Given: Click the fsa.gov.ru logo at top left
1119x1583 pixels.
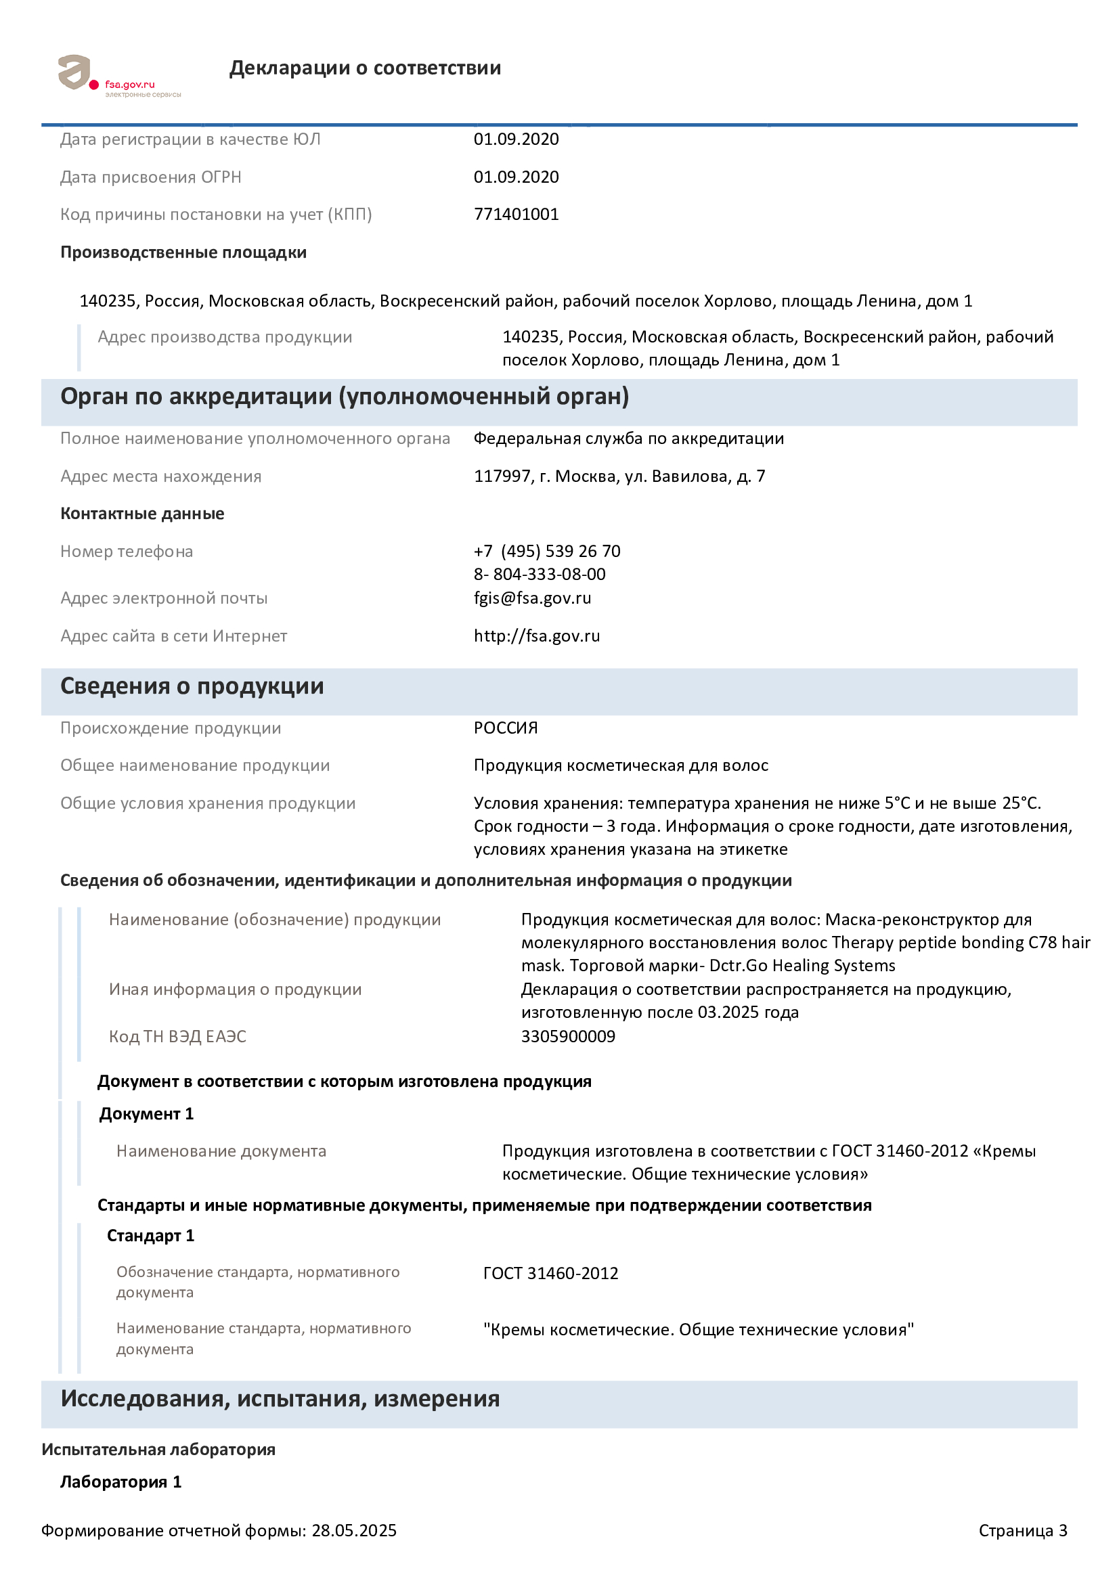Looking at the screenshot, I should [118, 76].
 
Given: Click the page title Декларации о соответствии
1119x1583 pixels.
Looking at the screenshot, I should [365, 68].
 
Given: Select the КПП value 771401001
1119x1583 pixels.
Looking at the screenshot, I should [516, 215].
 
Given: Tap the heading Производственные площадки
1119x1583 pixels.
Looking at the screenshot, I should [183, 252].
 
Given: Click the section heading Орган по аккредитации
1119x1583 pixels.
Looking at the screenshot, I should [344, 397].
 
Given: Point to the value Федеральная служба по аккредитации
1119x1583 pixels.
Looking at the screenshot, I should [628, 439].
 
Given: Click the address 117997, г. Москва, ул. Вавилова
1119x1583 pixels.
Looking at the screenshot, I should [619, 476].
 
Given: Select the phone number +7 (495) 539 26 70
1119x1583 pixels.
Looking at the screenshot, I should [547, 552].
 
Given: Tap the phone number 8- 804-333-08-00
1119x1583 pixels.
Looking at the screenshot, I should [539, 575].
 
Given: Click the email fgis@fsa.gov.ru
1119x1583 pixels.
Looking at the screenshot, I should [532, 598].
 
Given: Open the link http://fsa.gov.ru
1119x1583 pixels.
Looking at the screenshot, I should [536, 636].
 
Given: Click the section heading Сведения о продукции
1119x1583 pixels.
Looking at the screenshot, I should [192, 686].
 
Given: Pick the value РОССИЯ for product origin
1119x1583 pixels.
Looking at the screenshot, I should [506, 728].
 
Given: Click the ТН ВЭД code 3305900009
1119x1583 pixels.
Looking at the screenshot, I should [567, 1036].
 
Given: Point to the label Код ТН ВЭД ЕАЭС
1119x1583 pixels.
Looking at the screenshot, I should [177, 1036].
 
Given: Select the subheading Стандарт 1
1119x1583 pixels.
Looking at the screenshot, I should [150, 1236].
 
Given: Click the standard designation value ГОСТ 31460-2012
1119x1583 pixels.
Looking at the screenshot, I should [550, 1273].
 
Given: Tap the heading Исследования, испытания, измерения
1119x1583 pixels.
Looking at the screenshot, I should [280, 1398].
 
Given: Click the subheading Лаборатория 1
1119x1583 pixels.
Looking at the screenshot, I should [120, 1481].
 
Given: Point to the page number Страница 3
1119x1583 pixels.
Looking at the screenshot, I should [1022, 1531].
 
